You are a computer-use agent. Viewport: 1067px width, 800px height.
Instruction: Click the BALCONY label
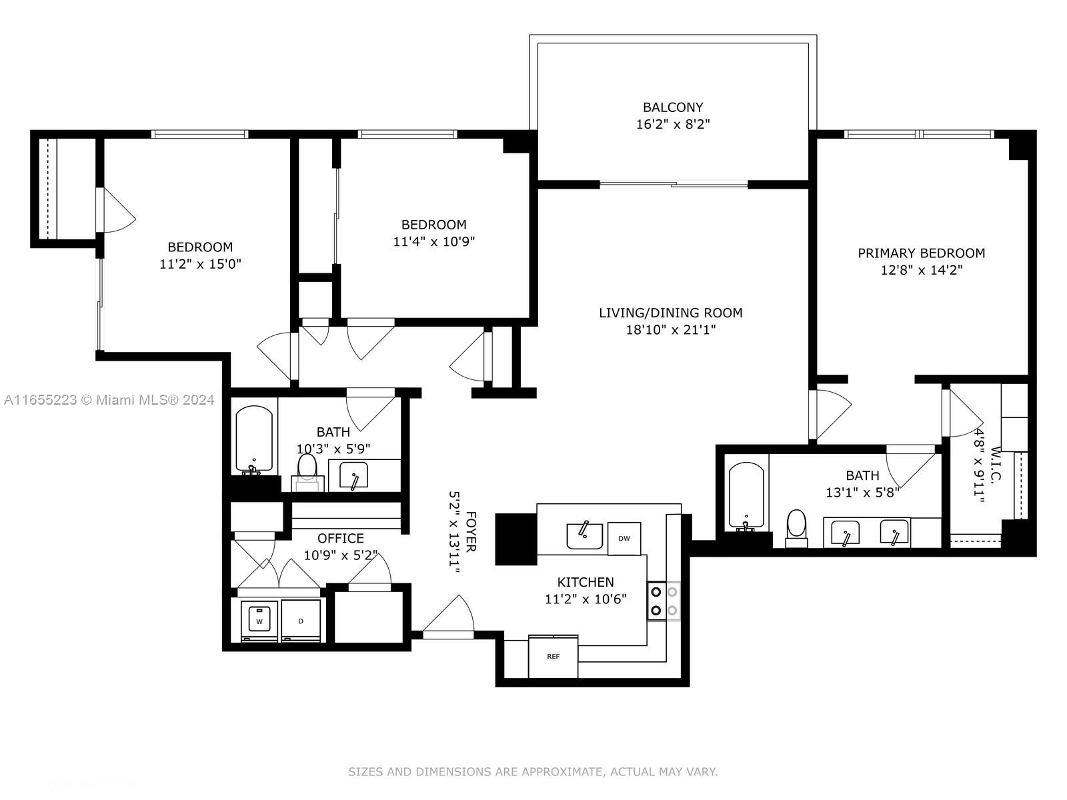[673, 107]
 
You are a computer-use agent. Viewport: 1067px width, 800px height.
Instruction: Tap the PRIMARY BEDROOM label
[921, 253]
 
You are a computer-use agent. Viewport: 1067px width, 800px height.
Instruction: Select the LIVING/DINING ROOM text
[670, 313]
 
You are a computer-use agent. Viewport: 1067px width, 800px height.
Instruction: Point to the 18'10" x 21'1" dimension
[670, 330]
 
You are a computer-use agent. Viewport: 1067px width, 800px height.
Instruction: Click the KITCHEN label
[586, 582]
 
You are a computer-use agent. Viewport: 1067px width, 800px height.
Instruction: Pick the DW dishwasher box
[624, 538]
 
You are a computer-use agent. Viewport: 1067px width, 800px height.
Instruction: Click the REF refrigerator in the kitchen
[554, 656]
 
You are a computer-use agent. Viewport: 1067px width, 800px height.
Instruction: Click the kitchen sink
[584, 536]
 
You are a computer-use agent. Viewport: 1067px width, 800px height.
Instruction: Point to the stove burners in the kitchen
[664, 601]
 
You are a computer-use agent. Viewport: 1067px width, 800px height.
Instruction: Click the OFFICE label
[340, 538]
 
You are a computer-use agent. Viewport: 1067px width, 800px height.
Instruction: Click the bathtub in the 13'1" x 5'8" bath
[746, 496]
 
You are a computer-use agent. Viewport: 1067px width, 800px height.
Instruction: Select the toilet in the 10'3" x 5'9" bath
[307, 471]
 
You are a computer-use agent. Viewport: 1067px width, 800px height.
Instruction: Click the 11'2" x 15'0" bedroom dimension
[200, 264]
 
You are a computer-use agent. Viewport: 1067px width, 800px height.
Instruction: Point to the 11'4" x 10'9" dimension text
[433, 241]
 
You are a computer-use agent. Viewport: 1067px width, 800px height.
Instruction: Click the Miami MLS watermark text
[109, 400]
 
